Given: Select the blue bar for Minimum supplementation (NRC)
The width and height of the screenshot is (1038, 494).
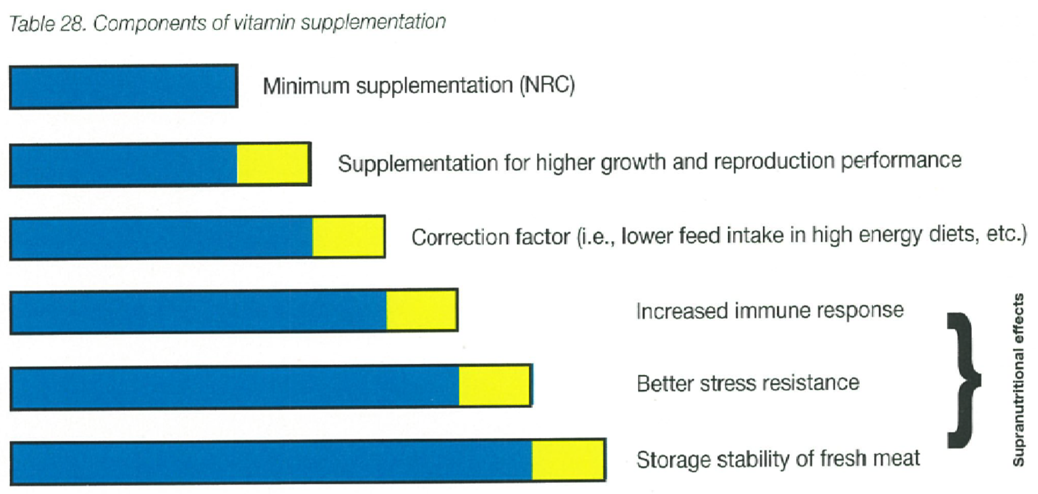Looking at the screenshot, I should (123, 87).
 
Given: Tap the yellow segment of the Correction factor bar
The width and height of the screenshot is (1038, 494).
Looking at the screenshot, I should (348, 237).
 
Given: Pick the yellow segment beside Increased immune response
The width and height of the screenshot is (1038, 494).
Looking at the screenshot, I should (421, 310).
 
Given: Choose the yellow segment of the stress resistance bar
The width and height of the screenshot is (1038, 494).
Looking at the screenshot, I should (494, 386).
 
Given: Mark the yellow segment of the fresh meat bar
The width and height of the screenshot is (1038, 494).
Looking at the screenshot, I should (568, 460).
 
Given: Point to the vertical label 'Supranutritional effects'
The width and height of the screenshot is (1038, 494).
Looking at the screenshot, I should (1018, 380).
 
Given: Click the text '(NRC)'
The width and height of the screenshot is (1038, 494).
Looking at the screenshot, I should (547, 85).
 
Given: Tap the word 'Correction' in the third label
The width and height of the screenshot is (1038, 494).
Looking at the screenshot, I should (490, 237).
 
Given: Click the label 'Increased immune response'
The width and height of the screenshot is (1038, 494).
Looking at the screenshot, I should (770, 310).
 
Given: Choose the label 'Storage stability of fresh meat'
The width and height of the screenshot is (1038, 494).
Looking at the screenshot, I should (778, 459).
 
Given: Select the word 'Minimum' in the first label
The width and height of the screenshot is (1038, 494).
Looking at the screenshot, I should (306, 86).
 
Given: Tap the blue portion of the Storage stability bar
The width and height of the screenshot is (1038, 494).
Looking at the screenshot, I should (271, 461).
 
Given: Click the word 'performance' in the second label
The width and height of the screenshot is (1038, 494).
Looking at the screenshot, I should (901, 161).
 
